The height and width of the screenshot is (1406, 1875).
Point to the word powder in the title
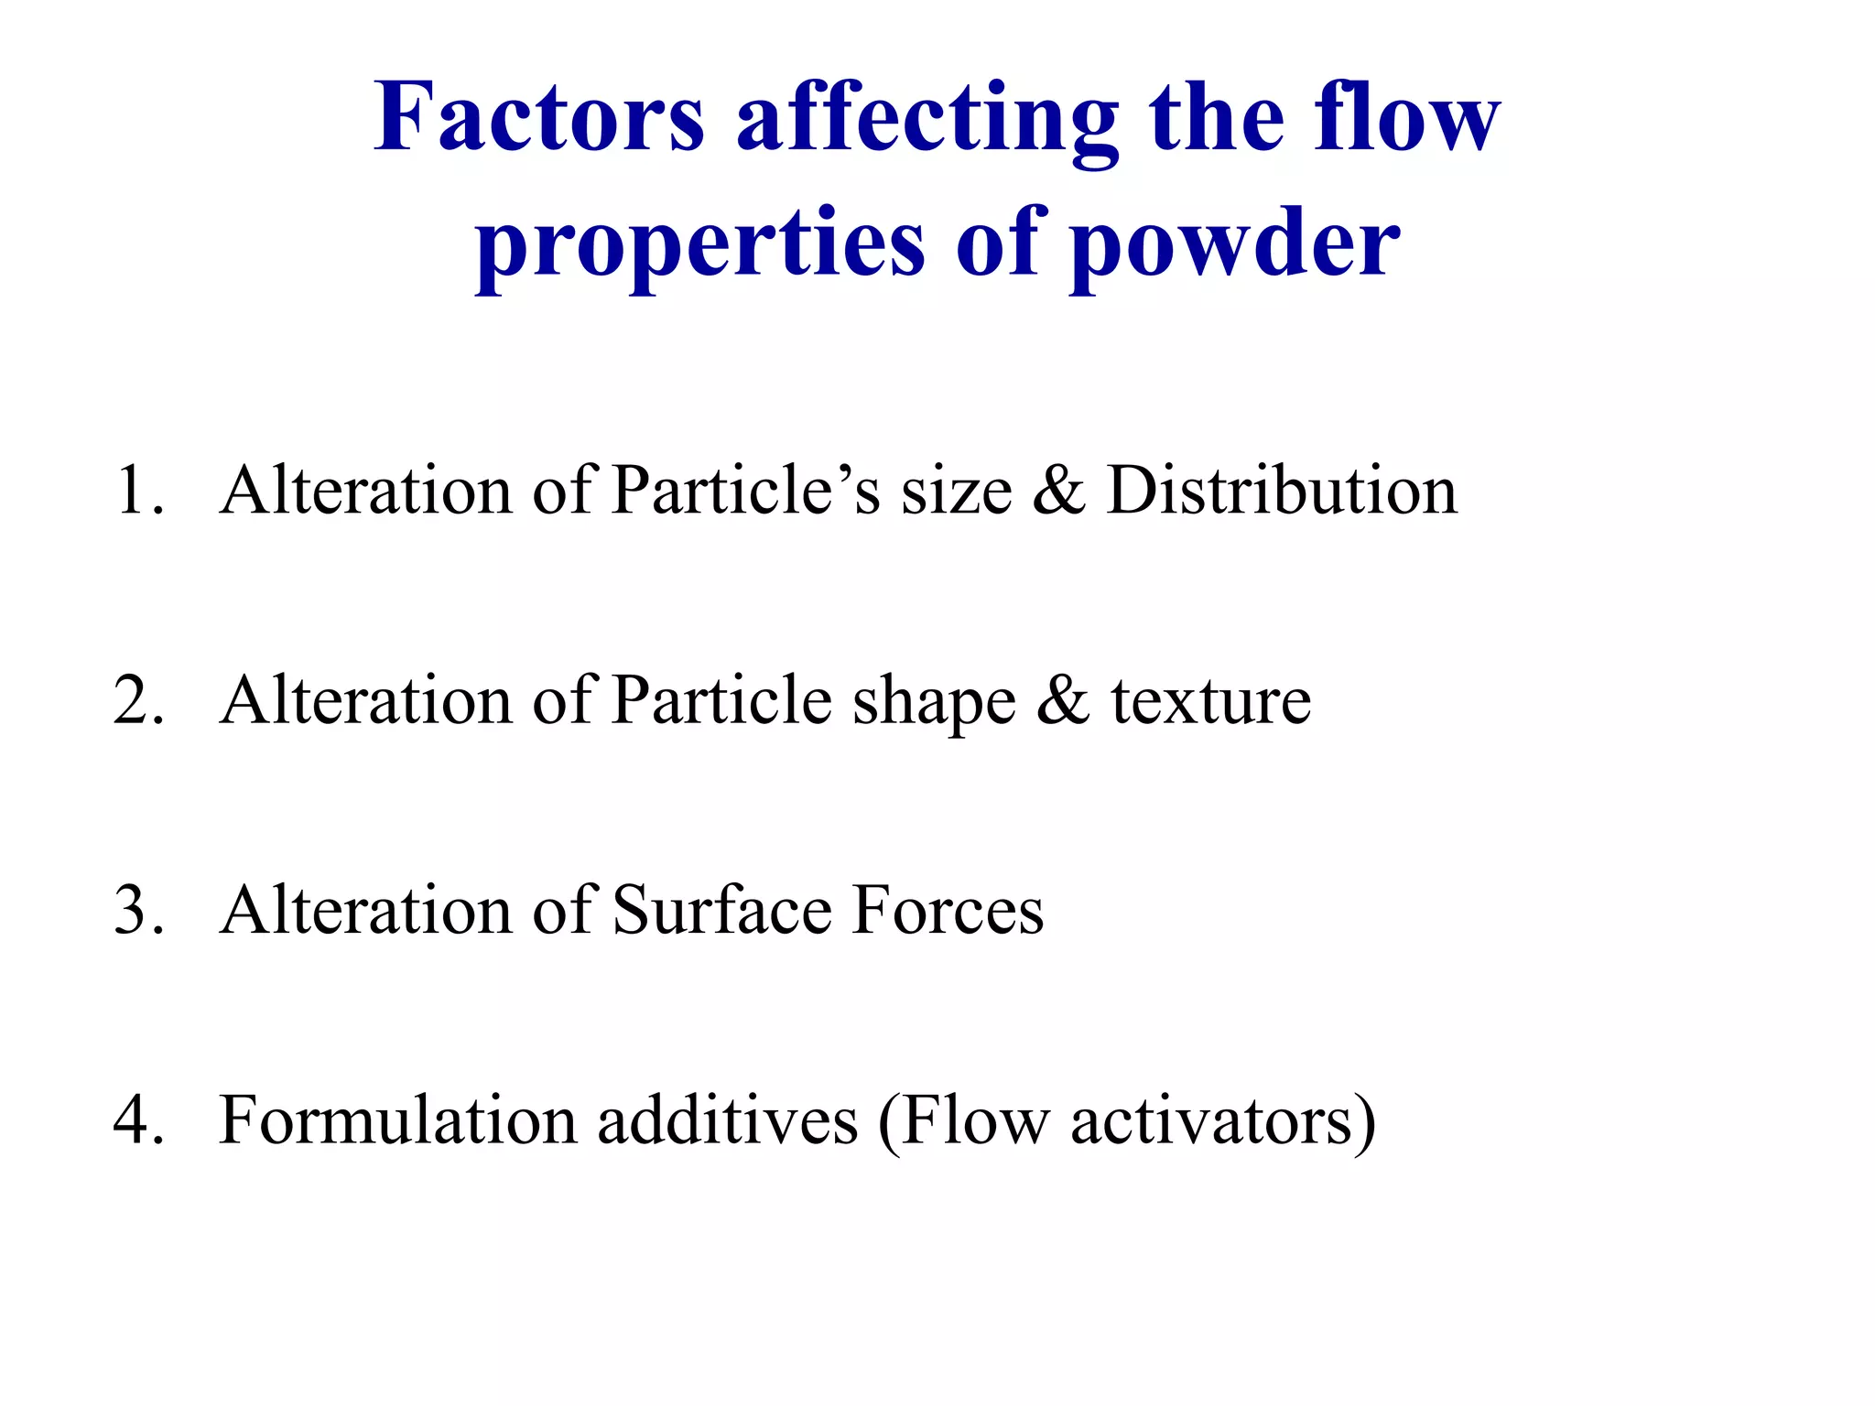point(1235,243)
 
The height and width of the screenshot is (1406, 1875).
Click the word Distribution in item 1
point(1281,491)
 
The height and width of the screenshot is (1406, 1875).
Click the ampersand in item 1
point(1059,491)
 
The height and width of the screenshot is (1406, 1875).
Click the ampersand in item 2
point(1063,701)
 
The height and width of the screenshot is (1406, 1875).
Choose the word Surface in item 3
point(721,911)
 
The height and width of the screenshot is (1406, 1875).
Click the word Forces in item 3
point(948,911)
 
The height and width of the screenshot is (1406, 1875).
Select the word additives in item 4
point(728,1120)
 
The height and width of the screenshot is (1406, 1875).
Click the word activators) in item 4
point(1223,1122)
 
